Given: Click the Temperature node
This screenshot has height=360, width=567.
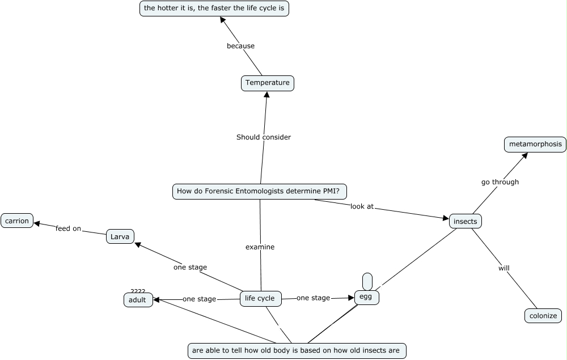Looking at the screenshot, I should tap(267, 83).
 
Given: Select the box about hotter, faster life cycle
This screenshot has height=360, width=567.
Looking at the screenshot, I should tap(214, 9).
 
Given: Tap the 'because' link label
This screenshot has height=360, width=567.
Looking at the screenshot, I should tap(240, 46).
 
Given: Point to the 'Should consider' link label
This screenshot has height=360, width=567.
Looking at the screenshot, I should tap(263, 137).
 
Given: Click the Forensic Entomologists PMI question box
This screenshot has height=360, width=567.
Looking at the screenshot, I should tap(260, 192).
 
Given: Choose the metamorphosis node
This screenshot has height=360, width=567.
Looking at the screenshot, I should tap(535, 144).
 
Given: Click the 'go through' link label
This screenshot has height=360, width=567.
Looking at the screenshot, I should tap(500, 182).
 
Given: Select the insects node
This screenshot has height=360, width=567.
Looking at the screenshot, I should tap(466, 221).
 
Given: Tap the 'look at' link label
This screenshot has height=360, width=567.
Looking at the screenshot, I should tap(362, 206).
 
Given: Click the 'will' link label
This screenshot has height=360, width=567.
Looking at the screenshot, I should tap(503, 268).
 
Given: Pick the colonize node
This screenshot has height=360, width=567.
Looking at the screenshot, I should tap(543, 316).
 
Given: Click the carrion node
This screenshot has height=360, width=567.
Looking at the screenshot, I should tap(17, 221).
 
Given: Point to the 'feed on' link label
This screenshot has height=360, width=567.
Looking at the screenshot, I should tap(68, 228).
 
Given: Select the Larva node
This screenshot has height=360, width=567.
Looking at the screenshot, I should tap(120, 236).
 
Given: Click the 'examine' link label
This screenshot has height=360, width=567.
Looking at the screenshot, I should tap(260, 247).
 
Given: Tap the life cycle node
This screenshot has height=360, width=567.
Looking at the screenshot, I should tap(260, 298).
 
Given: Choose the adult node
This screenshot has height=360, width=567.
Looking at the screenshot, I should tap(138, 300).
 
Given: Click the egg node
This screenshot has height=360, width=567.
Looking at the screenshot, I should tap(366, 297).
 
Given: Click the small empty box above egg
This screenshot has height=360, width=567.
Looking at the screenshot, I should tap(367, 281).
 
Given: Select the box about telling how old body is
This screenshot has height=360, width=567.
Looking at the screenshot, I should tap(297, 350).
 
